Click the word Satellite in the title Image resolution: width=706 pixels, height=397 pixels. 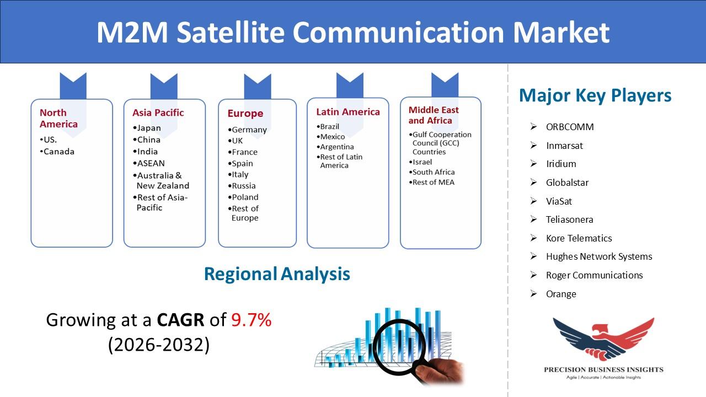231,33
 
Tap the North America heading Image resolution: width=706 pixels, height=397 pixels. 58,118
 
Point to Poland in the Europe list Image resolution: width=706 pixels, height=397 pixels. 243,197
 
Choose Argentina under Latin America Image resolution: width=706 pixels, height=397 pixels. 335,147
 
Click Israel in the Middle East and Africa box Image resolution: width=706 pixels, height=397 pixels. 420,162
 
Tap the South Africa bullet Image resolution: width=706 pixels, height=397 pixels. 432,172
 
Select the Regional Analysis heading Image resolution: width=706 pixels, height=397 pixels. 277,274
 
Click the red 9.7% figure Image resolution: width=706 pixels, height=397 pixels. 251,320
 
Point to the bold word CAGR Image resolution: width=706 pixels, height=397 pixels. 180,320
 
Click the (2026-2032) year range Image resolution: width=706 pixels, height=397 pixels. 159,345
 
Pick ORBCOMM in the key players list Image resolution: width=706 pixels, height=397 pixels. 570,127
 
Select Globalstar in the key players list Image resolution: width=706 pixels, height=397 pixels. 568,183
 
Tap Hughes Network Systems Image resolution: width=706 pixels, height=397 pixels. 599,256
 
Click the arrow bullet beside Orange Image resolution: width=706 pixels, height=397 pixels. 533,294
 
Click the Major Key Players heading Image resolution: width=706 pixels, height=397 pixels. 595,95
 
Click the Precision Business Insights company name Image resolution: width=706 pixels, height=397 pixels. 603,369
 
